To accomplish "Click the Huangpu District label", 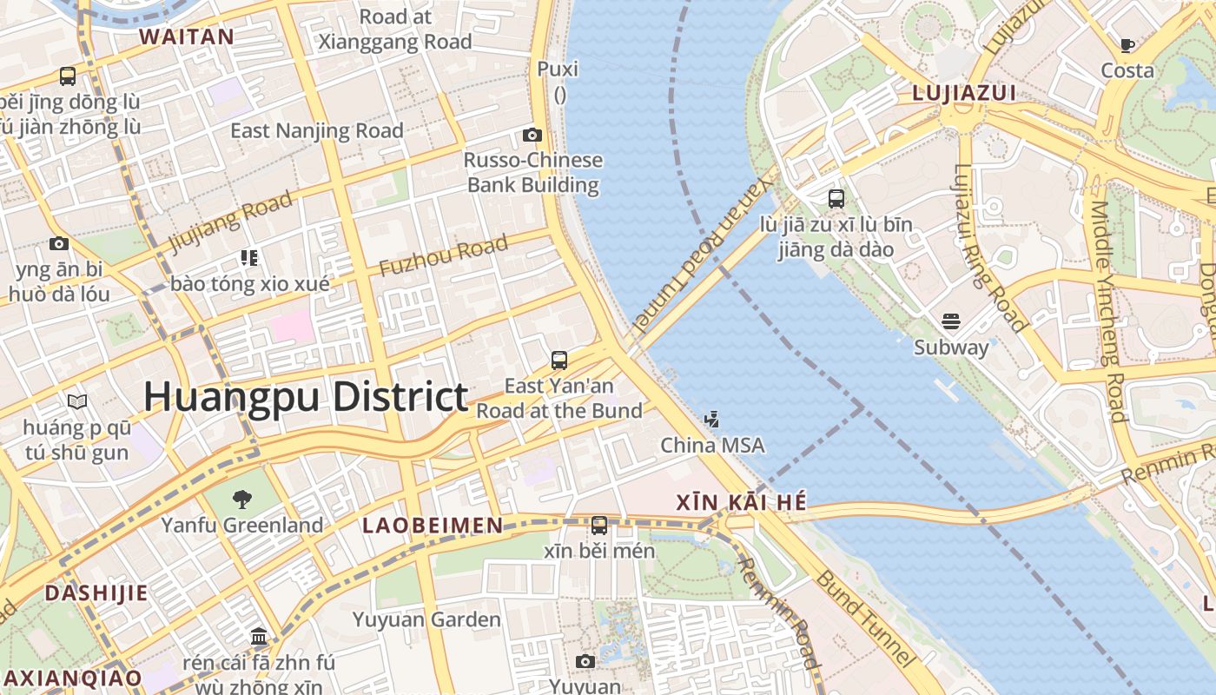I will coord(306,397).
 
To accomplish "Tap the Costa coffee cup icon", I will coord(1127,45).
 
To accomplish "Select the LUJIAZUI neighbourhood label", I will coord(964,93).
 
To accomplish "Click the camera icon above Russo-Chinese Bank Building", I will coord(532,135).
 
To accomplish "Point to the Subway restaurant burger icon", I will coord(951,321).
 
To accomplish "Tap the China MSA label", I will coord(712,446).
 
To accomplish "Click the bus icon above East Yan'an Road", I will coord(559,360).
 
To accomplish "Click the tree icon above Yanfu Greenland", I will coord(242,499).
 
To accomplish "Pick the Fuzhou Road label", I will coord(443,256).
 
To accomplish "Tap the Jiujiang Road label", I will coord(230,222).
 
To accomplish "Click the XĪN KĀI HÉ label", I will coord(741,502).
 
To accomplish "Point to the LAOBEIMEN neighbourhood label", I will coord(433,525).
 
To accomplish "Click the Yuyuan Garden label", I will coord(426,619).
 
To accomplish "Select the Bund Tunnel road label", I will coord(864,619).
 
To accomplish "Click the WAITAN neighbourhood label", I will coord(187,36).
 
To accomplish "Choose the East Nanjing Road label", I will coord(317,131).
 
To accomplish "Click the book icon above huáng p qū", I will coord(77,401).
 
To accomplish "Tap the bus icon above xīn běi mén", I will coord(599,526).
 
